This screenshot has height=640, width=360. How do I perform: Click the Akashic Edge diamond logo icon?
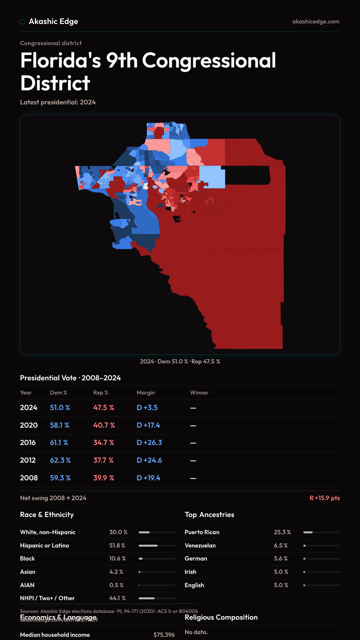22,22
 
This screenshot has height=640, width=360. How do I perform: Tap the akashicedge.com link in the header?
316,22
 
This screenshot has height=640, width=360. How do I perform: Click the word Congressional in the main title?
209,61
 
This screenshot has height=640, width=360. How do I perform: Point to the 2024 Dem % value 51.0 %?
60,408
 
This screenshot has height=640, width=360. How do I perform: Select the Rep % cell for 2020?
104,425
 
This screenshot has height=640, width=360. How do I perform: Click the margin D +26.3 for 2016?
149,443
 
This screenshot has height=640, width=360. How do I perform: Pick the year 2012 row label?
28,460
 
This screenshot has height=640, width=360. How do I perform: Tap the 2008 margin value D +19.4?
148,478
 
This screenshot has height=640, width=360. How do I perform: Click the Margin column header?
146,393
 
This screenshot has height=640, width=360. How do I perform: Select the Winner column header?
199,393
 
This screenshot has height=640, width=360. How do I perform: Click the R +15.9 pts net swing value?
325,498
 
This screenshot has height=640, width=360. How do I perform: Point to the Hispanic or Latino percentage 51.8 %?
117,546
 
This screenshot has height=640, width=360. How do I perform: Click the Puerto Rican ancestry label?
202,532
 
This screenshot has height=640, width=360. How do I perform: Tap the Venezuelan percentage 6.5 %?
281,546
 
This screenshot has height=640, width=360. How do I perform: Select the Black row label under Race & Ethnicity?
27,559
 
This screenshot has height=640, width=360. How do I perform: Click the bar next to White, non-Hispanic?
157,532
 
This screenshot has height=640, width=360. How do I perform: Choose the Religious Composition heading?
221,617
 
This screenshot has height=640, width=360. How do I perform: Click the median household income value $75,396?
164,635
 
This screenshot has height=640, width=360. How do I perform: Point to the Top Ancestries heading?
209,515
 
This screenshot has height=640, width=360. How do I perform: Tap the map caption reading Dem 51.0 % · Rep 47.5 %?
180,362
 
